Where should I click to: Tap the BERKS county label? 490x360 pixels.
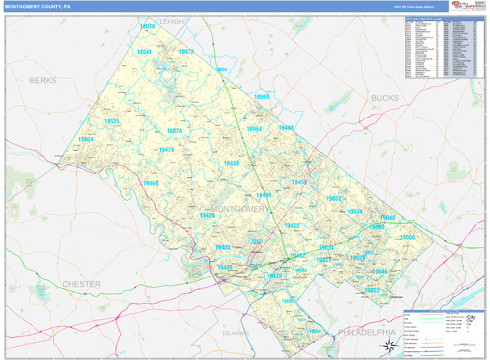pos(43,81)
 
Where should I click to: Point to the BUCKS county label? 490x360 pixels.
pos(385,98)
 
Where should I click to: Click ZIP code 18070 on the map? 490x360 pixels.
pos(147,27)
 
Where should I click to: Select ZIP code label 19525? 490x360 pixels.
pos(112,122)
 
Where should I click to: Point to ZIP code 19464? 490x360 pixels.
pos(86,140)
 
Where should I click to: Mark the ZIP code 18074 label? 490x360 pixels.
pos(174,131)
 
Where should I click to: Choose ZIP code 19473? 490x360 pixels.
pos(166,150)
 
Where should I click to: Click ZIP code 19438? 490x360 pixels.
pos(231,163)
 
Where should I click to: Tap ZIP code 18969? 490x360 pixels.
pos(261,96)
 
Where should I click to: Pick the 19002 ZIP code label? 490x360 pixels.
pos(334,198)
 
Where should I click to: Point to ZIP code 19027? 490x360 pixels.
pos(372,290)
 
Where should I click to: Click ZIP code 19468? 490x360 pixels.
pos(149,184)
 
